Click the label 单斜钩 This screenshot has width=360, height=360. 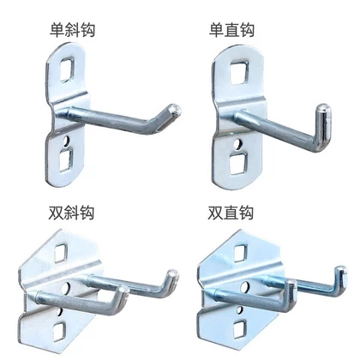tap(72, 30)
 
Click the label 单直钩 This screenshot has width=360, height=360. tap(231, 30)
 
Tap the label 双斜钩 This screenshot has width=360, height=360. tap(71, 213)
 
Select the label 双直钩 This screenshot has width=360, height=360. tap(231, 213)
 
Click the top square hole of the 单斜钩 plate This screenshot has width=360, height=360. tap(68, 69)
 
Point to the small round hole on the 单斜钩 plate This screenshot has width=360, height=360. tap(67, 141)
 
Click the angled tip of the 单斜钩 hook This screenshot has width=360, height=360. tap(175, 110)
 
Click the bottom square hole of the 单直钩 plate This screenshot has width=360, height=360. tap(237, 164)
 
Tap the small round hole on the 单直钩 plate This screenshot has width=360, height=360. tap(237, 144)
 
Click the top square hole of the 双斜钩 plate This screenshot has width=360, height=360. tap(61, 253)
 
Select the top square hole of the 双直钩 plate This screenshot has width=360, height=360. tap(241, 253)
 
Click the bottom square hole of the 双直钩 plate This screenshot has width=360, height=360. tap(239, 329)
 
